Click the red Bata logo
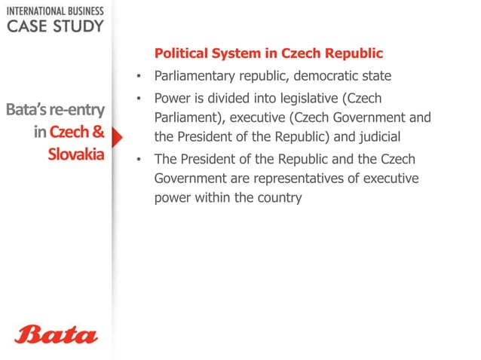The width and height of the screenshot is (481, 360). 56,334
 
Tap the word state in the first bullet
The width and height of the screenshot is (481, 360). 378,76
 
